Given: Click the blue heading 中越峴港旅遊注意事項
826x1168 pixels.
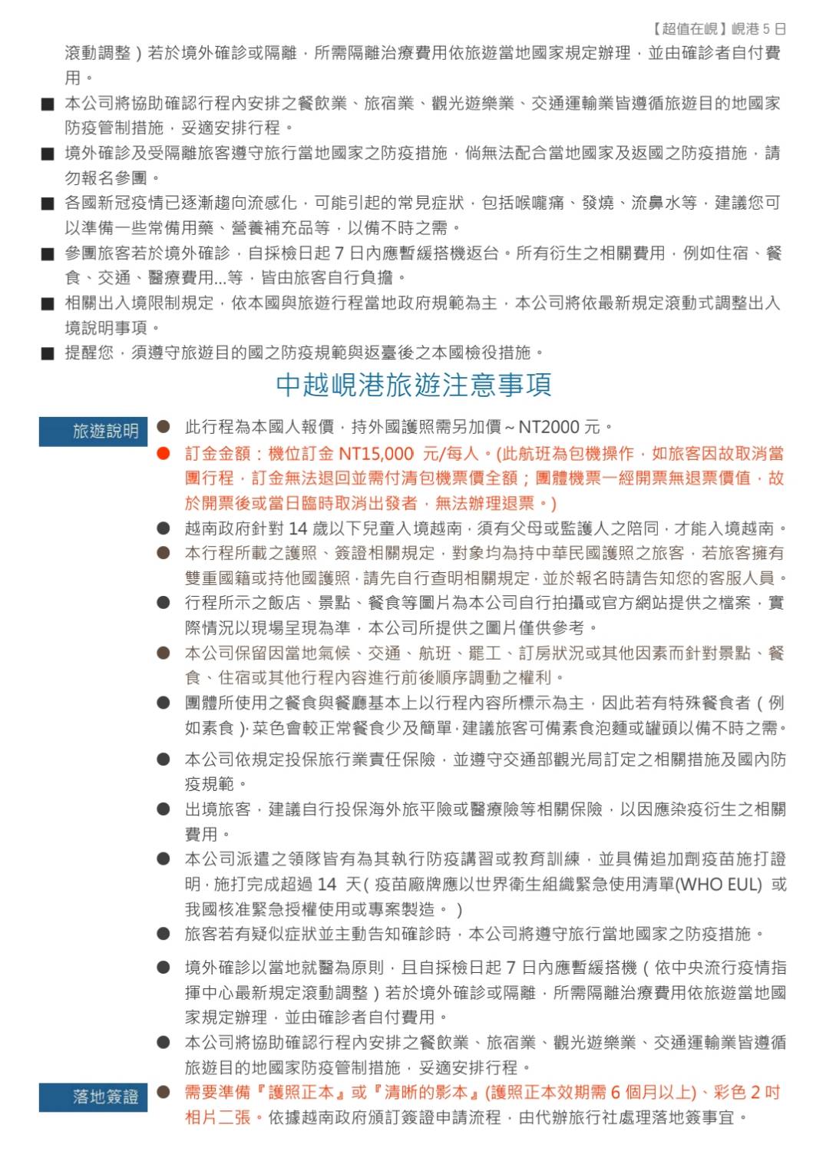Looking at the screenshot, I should pos(414,385).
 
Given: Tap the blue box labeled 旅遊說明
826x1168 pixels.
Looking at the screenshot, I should pos(93,431).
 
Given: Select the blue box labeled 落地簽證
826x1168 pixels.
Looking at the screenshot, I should pos(93,1097).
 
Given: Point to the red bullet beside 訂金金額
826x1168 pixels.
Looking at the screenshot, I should pos(163,453).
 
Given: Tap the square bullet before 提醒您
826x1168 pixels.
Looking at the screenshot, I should pos(48,353).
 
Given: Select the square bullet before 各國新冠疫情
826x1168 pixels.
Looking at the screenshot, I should pos(48,203).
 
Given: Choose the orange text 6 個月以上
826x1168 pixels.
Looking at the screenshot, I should pos(653,1092).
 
